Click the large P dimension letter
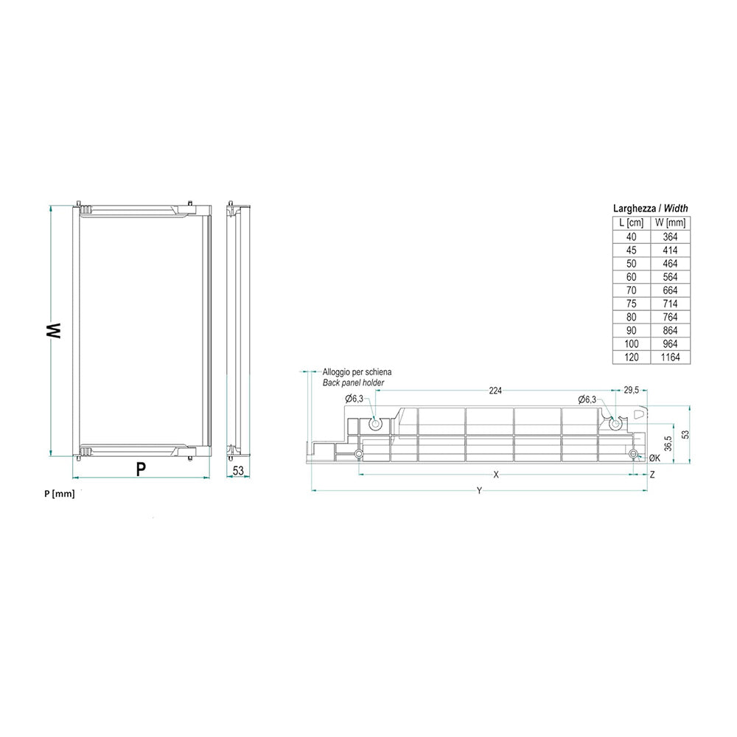[140, 469]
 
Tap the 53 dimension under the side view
[238, 470]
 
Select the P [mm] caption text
[59, 494]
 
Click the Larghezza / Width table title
[651, 209]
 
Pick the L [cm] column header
[632, 223]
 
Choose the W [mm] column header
[671, 223]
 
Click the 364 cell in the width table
[670, 237]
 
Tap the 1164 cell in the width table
[670, 357]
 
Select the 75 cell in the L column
[632, 304]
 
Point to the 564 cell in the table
[670, 277]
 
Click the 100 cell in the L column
[632, 344]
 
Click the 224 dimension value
[494, 391]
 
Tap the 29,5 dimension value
[631, 391]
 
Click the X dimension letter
[496, 475]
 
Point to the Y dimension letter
[478, 491]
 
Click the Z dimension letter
[652, 475]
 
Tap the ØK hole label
[654, 458]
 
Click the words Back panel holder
[353, 383]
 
